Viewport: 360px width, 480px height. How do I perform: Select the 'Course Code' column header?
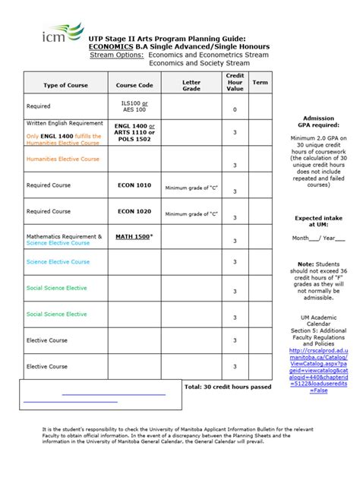coord(134,85)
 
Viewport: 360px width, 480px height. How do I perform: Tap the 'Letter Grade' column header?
coord(191,85)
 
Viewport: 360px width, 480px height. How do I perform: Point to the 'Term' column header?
coord(260,82)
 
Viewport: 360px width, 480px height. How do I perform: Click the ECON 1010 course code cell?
coord(134,185)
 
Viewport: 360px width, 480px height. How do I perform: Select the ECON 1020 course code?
coord(134,210)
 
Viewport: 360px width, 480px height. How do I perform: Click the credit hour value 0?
coord(235,110)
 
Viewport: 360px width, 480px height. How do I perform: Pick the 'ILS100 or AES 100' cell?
coord(134,106)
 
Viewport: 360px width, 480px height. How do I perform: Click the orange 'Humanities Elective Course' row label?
coord(63,159)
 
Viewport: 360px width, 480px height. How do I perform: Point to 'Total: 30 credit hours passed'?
coord(227,387)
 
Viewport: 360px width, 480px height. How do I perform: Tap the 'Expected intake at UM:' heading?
coord(319,222)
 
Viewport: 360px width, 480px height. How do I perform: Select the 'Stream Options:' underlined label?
coord(117,55)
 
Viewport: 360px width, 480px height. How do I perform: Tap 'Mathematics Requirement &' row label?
coord(64,236)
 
